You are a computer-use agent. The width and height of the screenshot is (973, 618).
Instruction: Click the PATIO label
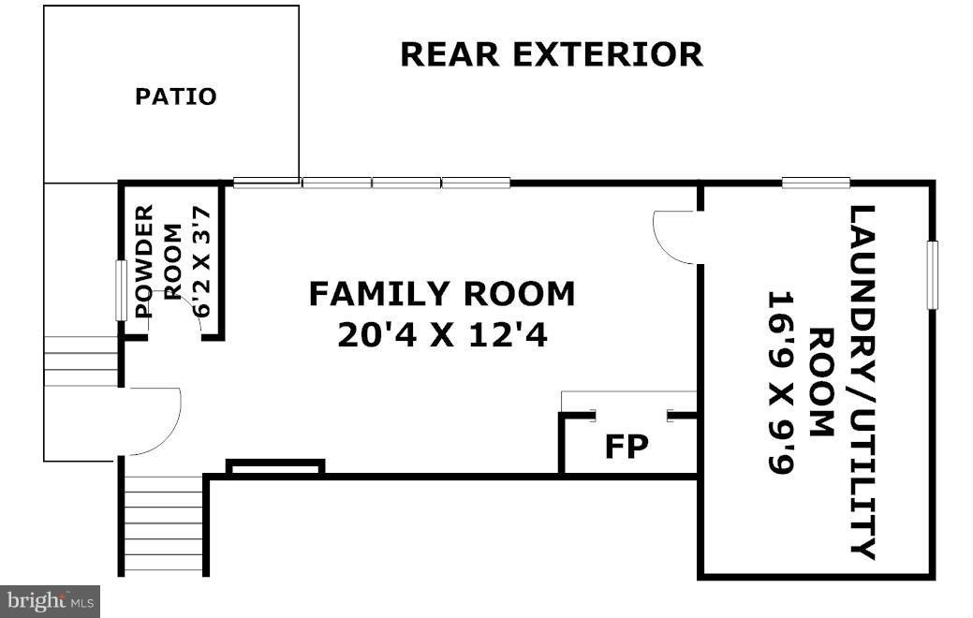pos(175,96)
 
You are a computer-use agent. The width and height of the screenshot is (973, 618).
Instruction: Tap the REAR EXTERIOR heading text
pos(551,54)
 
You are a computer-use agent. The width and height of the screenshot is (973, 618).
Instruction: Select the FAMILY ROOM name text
pos(442,294)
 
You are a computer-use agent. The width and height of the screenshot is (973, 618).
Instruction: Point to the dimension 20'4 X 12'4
pos(442,334)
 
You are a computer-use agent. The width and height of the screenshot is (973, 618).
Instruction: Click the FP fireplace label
pos(626,447)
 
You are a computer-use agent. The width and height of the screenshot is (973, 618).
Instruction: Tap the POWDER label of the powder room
pos(144,262)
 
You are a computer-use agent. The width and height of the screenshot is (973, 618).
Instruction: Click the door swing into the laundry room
pos(672,236)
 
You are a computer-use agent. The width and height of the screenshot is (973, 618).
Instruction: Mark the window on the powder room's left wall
pos(120,290)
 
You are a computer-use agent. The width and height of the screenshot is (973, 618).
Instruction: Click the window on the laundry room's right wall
pos(932,274)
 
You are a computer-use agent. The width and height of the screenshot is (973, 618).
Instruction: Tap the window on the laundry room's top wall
pos(816,183)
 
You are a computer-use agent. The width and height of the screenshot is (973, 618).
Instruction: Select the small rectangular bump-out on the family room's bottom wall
pos(275,466)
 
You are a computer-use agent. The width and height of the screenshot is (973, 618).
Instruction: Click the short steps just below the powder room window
pos(81,360)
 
